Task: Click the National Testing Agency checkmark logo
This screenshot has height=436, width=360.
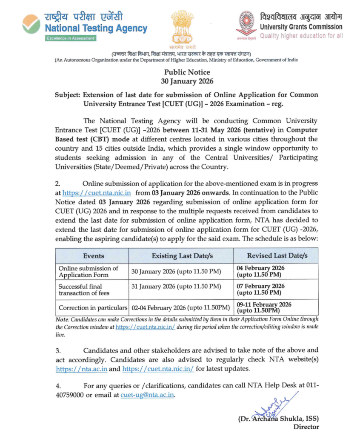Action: tap(31, 23)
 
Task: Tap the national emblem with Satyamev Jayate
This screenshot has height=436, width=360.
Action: tap(184, 28)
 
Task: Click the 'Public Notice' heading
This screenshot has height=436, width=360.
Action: tap(187, 72)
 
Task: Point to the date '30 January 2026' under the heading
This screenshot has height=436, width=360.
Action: tap(187, 81)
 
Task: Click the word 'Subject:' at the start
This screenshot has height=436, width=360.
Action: tap(68, 95)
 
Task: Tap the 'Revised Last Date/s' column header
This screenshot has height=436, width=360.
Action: tap(277, 255)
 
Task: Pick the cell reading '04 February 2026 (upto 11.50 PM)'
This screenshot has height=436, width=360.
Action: tap(260, 271)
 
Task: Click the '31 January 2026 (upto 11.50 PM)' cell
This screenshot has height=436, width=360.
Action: tap(176, 286)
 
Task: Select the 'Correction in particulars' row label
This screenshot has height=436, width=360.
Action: tap(93, 307)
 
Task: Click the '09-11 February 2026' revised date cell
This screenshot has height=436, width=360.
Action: tap(264, 307)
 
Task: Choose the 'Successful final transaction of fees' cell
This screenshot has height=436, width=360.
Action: tap(84, 290)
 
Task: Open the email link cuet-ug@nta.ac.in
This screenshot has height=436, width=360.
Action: tap(147, 395)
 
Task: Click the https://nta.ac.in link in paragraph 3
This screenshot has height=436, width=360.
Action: tap(81, 369)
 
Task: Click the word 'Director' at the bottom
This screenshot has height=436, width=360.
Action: tap(306, 426)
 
